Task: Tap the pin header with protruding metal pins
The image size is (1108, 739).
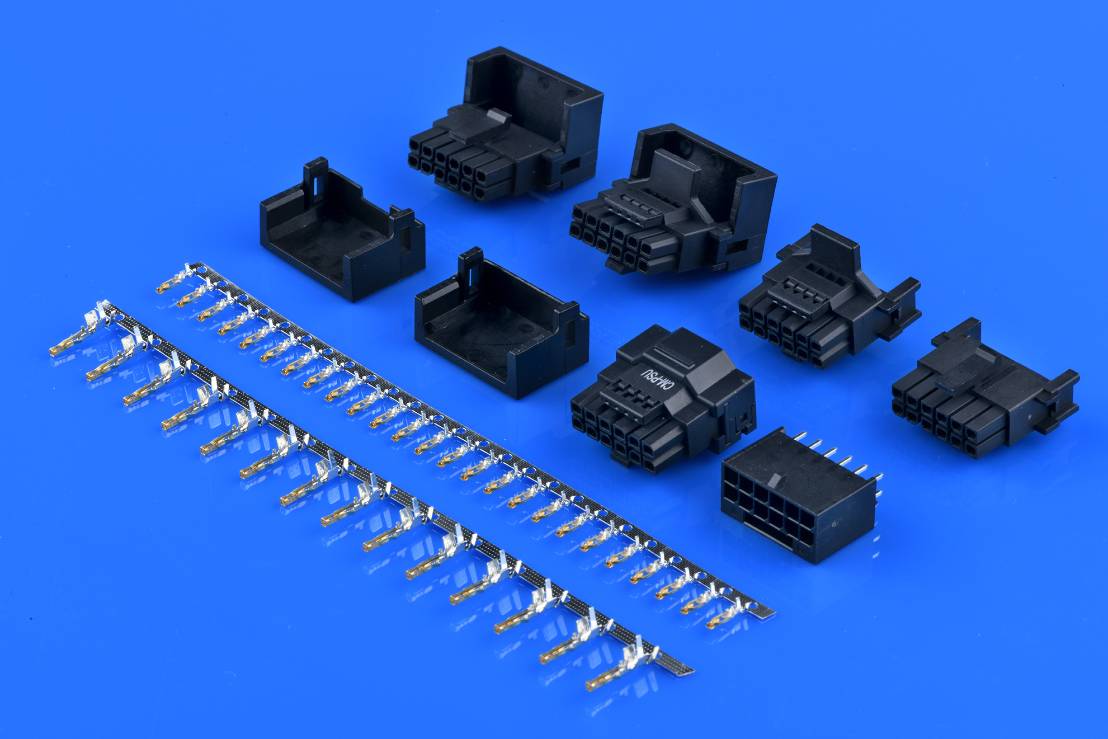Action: (797, 498)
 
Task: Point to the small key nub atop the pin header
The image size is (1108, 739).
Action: (775, 479)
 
